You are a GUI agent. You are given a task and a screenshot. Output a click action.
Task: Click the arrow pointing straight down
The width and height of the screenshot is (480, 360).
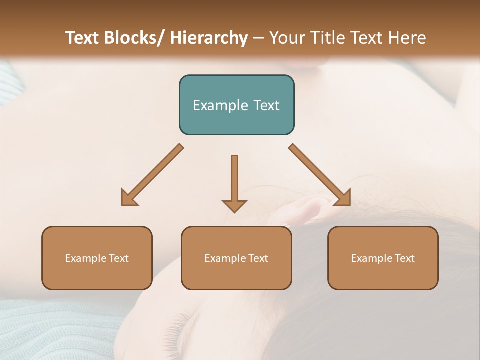tap(234, 182)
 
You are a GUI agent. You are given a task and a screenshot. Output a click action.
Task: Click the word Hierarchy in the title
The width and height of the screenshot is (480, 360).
tap(209, 38)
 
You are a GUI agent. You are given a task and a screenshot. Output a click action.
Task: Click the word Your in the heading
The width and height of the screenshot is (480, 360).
tap(286, 38)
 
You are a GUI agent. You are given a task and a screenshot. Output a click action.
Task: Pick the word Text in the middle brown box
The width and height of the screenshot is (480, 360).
tap(257, 258)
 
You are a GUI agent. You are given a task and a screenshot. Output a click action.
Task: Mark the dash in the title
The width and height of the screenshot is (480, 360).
tap(258, 38)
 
